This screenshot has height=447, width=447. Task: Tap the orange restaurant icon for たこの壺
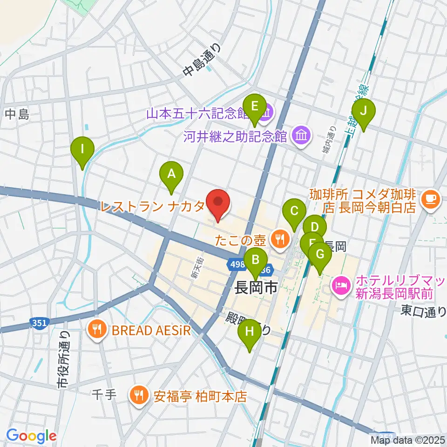tap(279, 240)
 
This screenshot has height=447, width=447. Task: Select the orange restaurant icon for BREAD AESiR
tap(96, 330)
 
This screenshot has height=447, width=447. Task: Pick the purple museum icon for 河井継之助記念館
tap(301, 136)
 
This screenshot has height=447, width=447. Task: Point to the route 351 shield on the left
tap(39, 322)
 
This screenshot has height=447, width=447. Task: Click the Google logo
tap(31, 436)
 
